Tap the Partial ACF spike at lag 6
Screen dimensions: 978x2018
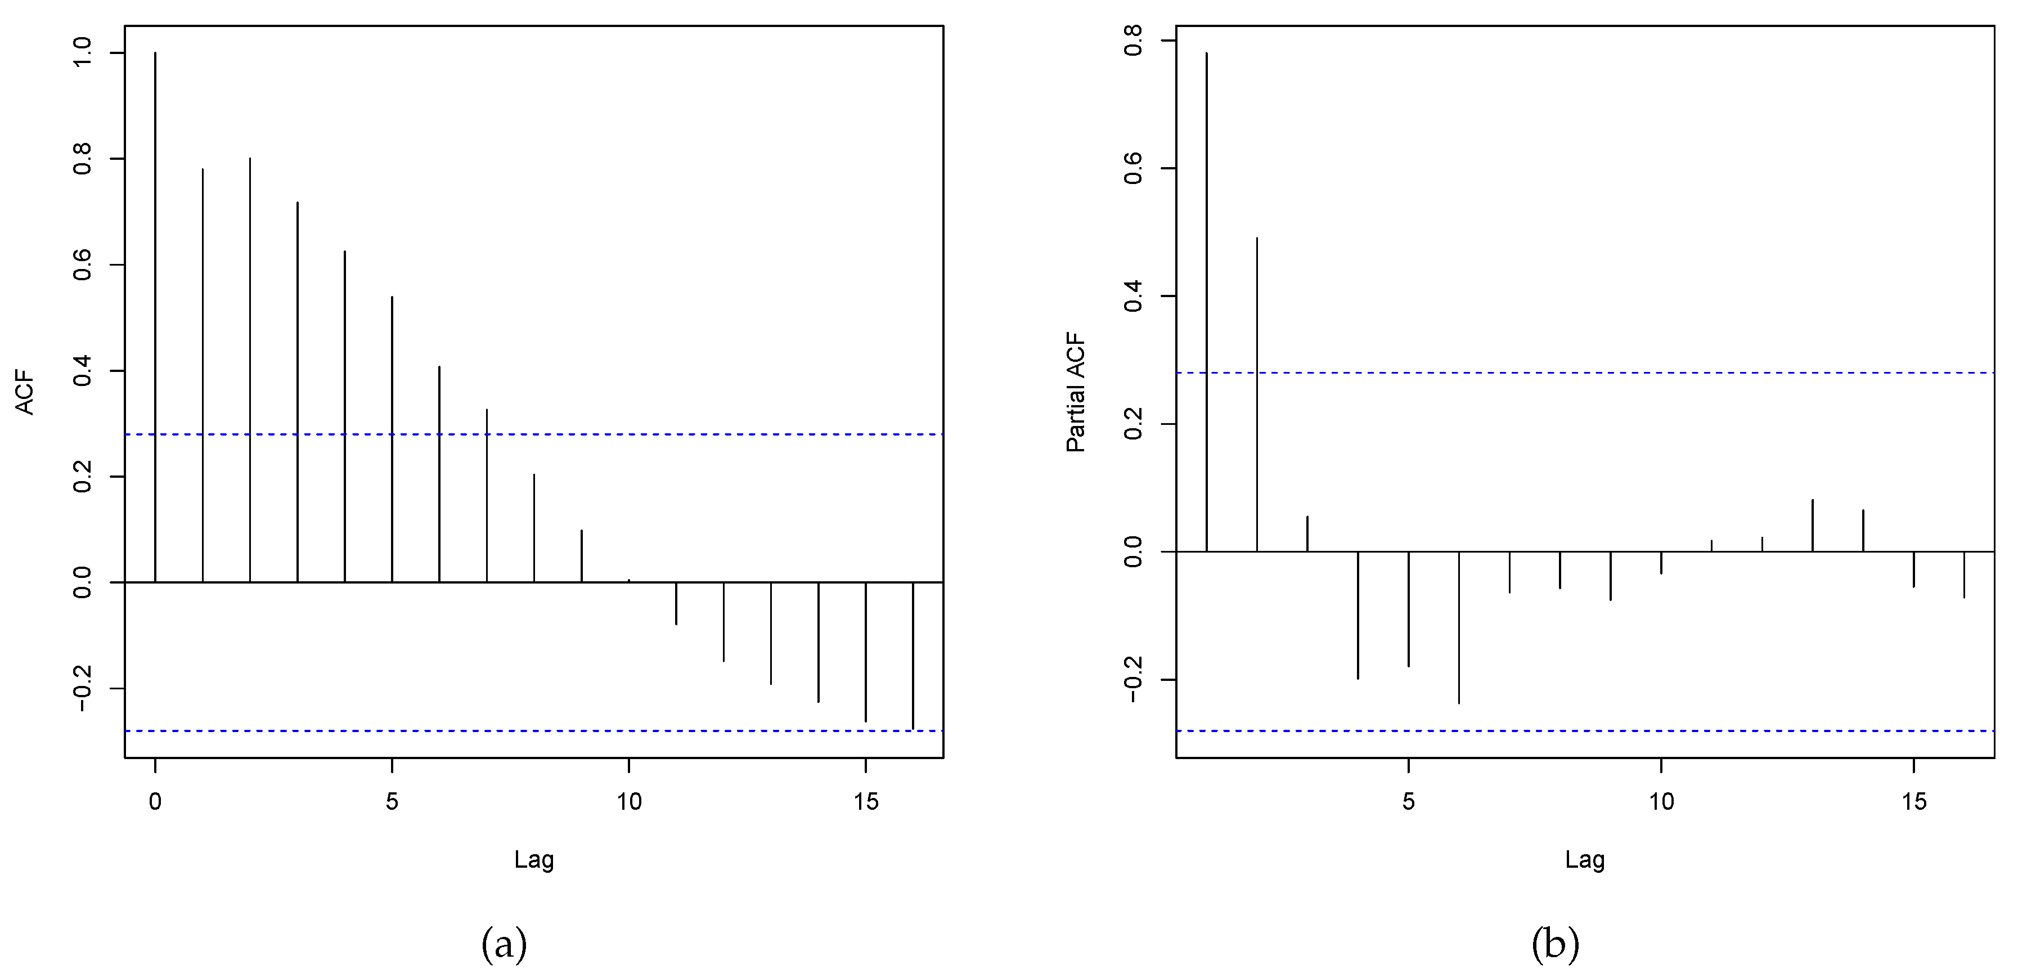pyautogui.click(x=1459, y=627)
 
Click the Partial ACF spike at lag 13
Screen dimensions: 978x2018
pyautogui.click(x=1813, y=525)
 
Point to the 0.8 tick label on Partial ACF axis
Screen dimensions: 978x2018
pyautogui.click(x=1134, y=41)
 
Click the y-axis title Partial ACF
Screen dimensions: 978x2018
pyautogui.click(x=1076, y=392)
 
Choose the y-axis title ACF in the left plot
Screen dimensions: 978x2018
pyautogui.click(x=25, y=392)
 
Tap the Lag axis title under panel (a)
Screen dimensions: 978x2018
pyautogui.click(x=533, y=860)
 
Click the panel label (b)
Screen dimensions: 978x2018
pyautogui.click(x=1555, y=944)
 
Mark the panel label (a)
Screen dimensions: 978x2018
pyautogui.click(x=504, y=944)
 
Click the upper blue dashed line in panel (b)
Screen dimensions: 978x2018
pyautogui.click(x=1645, y=373)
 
